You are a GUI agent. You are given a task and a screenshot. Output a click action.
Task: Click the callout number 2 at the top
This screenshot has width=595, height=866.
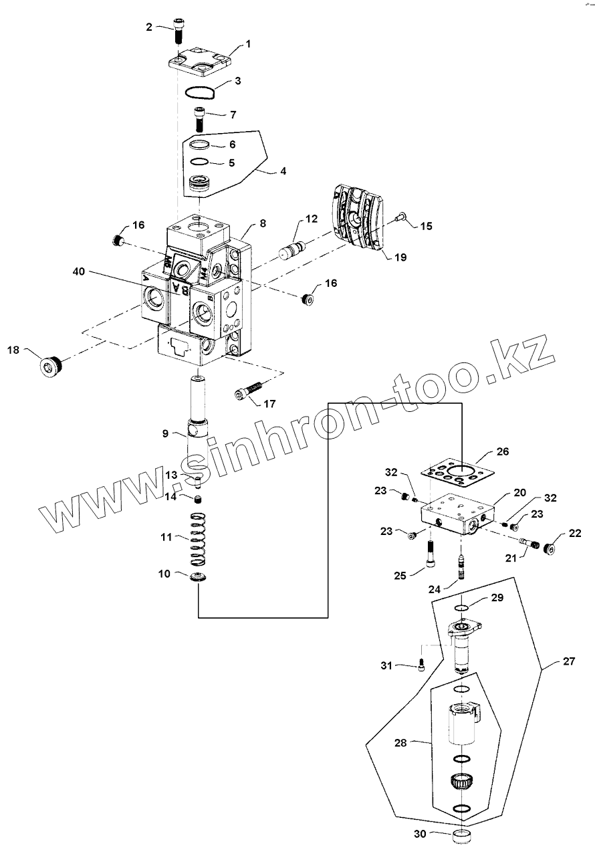tap(149, 27)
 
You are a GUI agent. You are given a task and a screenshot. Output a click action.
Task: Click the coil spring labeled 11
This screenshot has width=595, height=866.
tap(197, 537)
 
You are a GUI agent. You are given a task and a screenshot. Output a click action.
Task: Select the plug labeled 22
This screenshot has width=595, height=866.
tap(550, 549)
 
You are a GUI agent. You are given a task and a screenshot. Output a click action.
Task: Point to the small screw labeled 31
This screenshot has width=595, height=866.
tap(421, 664)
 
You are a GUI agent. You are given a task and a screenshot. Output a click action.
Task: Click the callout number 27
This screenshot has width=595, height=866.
tap(568, 662)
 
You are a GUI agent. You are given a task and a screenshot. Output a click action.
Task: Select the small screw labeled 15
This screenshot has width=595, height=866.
tap(400, 215)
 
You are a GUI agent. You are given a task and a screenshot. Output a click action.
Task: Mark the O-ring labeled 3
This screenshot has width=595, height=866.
tap(199, 93)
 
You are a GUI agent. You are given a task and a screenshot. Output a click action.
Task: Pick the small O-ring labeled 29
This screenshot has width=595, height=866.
tap(461, 608)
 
